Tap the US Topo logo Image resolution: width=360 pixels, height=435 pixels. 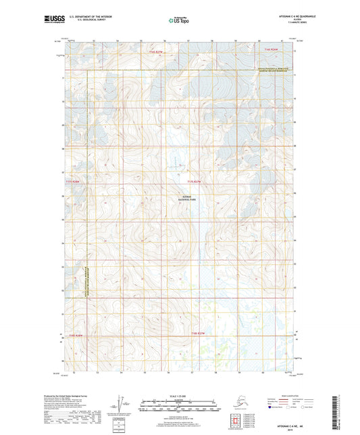point(179,21)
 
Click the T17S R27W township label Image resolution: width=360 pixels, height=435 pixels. point(195,181)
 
